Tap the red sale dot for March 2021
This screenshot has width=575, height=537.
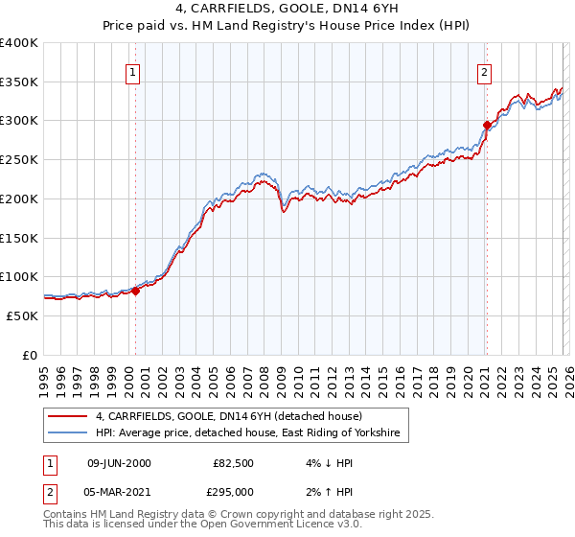487,125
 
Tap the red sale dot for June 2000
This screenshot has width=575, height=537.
136,292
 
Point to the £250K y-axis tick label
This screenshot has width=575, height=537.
19,159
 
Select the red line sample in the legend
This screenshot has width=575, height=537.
67,417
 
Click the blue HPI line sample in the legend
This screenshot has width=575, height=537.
67,434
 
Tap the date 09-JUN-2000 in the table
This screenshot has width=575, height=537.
119,463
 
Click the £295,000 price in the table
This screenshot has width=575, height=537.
233,492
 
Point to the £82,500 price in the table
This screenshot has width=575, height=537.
233,463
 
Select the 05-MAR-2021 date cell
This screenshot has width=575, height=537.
119,492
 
